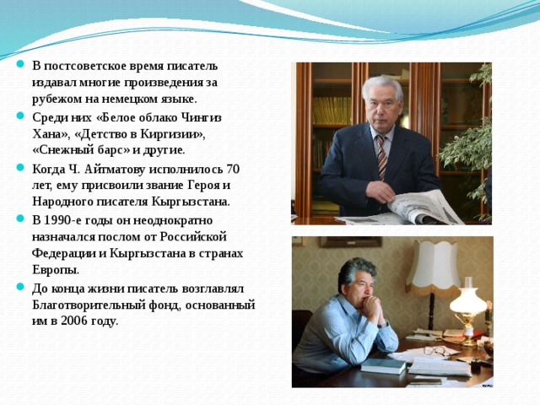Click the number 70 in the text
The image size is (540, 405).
coord(233,168)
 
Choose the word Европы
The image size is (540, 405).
coord(56,270)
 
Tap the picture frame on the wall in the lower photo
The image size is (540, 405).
coord(350,241)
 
